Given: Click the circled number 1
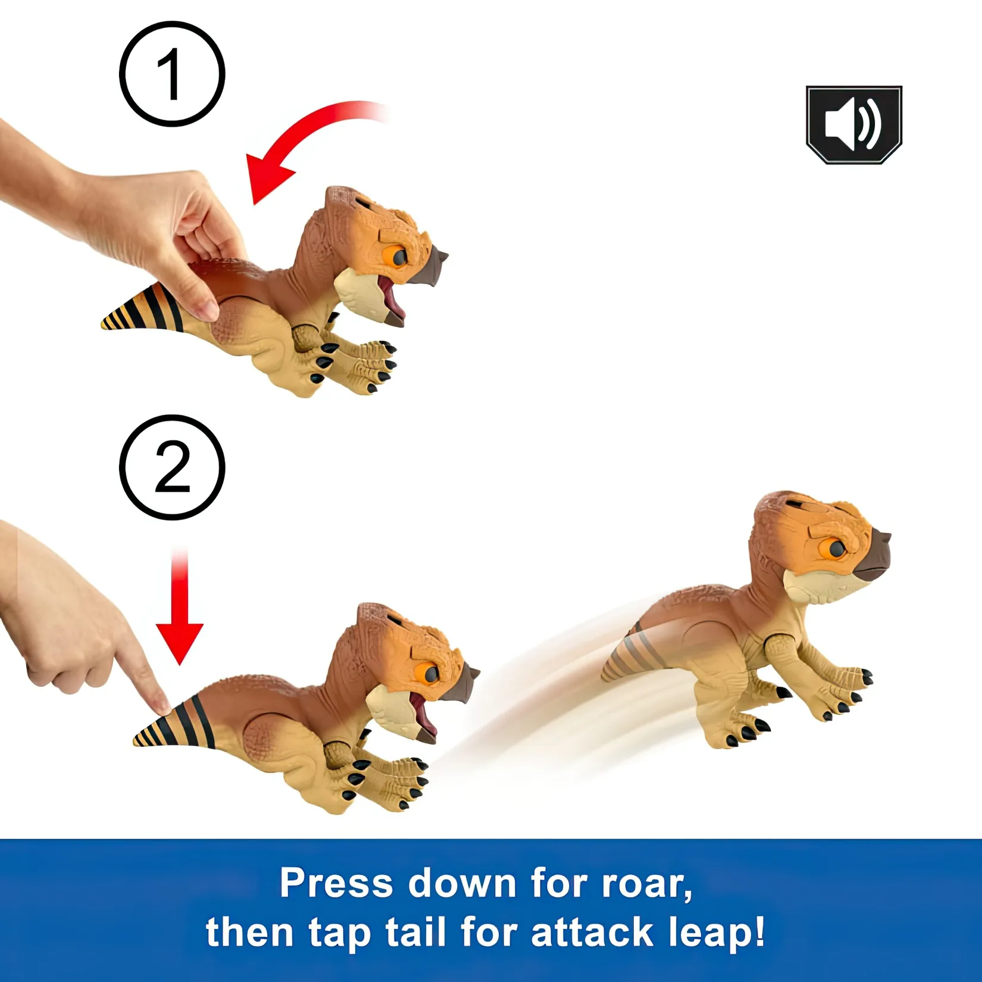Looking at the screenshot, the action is (172, 74).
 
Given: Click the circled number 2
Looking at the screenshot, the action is (172, 468).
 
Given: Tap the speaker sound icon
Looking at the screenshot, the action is (854, 124).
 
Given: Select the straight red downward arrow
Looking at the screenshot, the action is (180, 607).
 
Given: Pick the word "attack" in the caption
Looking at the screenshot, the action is (592, 931).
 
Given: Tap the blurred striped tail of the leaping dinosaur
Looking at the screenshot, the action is (634, 655).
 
